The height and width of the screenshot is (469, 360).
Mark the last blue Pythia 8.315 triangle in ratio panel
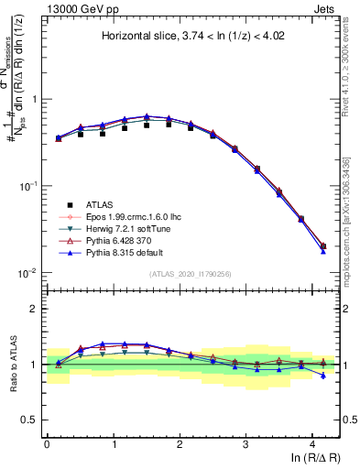pos(323,376)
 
